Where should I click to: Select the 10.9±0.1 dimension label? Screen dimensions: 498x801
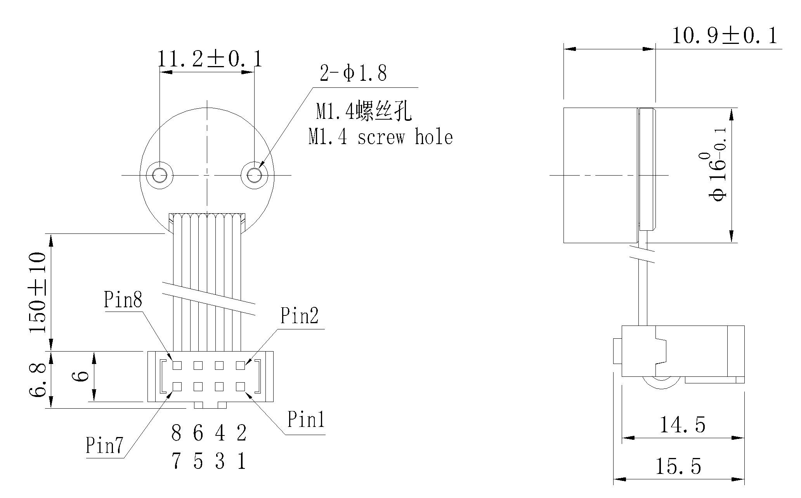724,36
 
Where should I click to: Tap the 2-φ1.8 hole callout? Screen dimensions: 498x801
353,73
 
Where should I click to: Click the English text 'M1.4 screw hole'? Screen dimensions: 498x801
380,138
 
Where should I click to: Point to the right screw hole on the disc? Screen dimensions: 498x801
254,175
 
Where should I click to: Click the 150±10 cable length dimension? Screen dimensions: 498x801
38,292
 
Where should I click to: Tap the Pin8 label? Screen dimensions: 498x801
123,299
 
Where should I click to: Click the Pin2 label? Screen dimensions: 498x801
299,315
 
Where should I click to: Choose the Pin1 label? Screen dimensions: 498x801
305,420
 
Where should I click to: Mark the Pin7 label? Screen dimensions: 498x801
104,445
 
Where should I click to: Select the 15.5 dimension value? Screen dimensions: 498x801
678,466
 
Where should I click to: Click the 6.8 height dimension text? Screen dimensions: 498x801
38,380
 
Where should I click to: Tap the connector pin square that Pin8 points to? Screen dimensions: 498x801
177,365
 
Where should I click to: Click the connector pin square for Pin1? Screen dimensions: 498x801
240,387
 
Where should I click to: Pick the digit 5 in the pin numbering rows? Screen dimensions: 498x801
198,461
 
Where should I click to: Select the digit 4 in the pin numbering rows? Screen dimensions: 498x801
220,433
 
